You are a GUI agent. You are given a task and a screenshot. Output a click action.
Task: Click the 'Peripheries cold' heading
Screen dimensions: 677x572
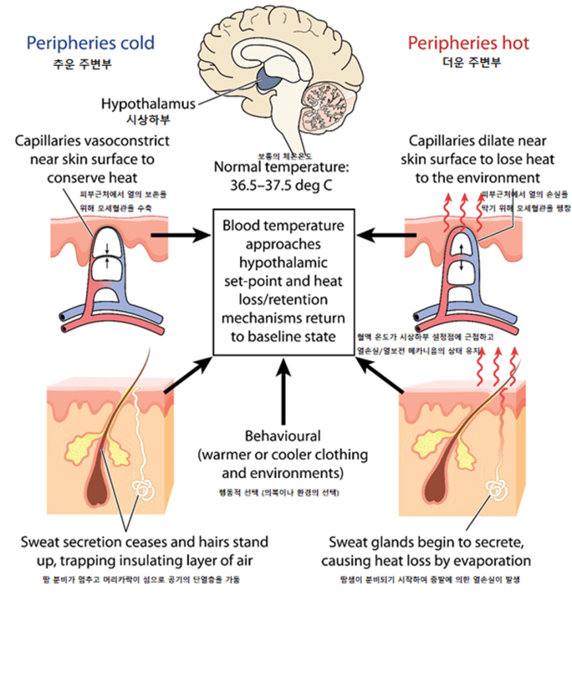90,44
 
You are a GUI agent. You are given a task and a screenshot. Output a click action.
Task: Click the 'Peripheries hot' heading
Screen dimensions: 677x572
468,44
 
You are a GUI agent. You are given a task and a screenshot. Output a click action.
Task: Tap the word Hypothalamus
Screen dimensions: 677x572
148,104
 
